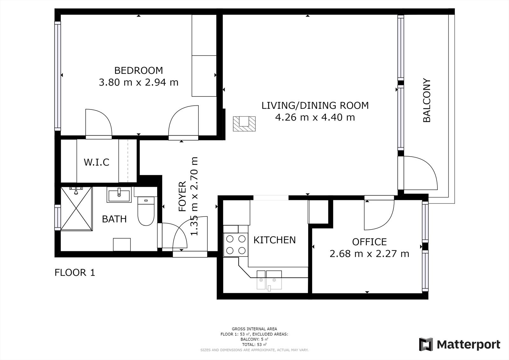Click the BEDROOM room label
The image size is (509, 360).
pyautogui.click(x=139, y=70)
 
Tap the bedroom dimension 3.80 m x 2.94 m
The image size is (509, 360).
pyautogui.click(x=139, y=82)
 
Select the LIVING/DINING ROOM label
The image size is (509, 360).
pyautogui.click(x=315, y=106)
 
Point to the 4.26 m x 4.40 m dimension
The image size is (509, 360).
pyautogui.click(x=315, y=117)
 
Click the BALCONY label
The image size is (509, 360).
pyautogui.click(x=427, y=101)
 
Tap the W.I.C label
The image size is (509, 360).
pyautogui.click(x=97, y=162)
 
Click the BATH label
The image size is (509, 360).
pyautogui.click(x=114, y=219)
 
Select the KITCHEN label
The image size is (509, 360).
pyautogui.click(x=275, y=240)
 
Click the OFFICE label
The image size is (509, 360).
pyautogui.click(x=369, y=242)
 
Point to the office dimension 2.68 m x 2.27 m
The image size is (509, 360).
pyautogui.click(x=369, y=254)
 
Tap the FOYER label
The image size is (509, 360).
pyautogui.click(x=183, y=196)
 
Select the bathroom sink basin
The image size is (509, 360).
pyautogui.click(x=119, y=195)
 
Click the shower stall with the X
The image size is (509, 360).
pyautogui.click(x=77, y=209)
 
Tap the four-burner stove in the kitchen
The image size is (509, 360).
pyautogui.click(x=236, y=245)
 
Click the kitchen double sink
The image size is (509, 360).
pyautogui.click(x=269, y=280)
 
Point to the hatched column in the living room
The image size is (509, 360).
pyautogui.click(x=244, y=124)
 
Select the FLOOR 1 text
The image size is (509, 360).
pyautogui.click(x=75, y=272)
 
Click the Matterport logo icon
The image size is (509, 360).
pyautogui.click(x=426, y=344)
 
